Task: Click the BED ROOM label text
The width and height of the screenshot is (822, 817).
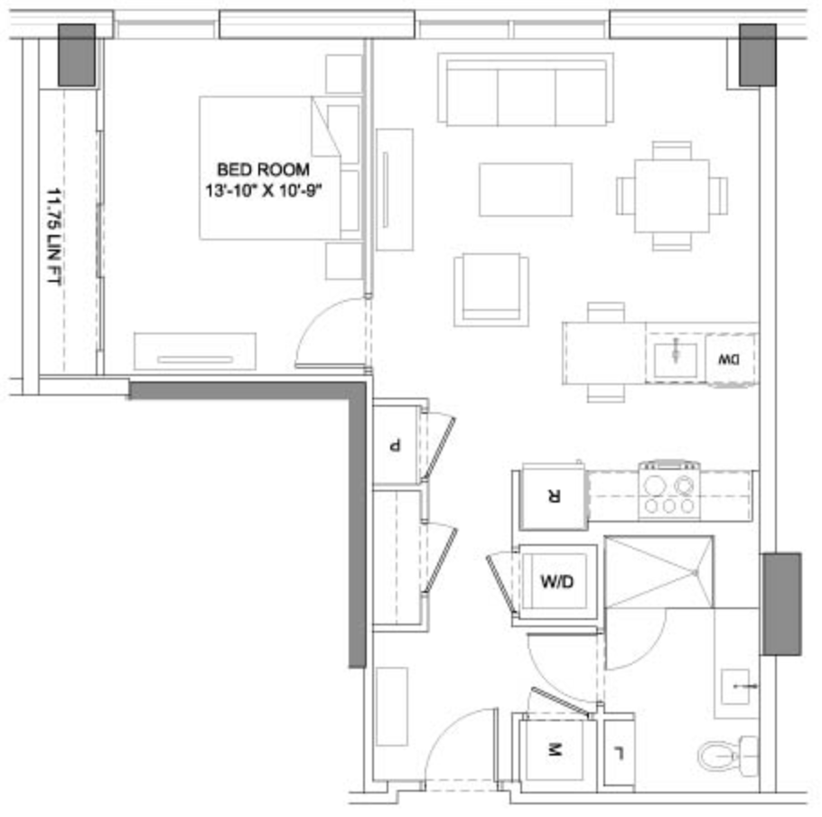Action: [263, 170]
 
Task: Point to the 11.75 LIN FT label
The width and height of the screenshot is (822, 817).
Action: [54, 237]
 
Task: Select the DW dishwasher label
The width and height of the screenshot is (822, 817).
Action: [729, 360]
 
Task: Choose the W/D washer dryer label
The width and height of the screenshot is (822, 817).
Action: [556, 581]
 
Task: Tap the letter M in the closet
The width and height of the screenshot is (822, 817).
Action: [554, 750]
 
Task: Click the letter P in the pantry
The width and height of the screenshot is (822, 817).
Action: [394, 446]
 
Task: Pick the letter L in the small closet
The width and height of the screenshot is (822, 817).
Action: [619, 754]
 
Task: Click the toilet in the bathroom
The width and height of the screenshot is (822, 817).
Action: [728, 756]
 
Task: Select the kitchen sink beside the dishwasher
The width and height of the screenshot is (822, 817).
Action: [676, 361]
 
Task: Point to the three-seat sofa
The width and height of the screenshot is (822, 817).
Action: [526, 89]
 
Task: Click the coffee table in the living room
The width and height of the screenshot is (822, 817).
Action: [526, 189]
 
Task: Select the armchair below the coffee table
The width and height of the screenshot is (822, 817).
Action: [491, 290]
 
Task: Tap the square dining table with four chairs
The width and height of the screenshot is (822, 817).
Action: [671, 196]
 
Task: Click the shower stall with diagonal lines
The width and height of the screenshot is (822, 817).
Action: [659, 572]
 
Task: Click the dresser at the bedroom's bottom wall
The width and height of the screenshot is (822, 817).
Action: [195, 352]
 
